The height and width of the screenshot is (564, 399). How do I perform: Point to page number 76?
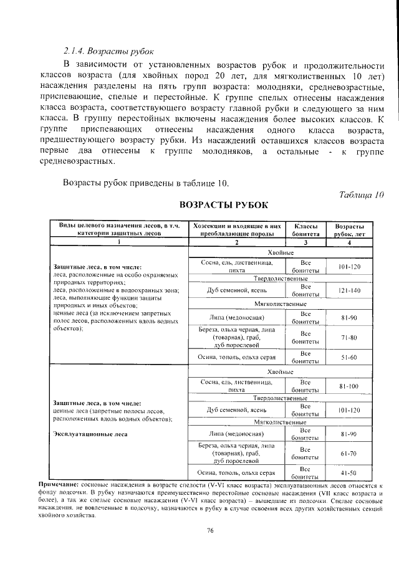coord(209,530)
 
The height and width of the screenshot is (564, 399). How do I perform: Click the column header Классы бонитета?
coord(306,230)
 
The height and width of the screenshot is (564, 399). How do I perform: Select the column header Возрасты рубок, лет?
coord(349,230)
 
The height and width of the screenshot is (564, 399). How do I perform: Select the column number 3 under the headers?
coord(306,242)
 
